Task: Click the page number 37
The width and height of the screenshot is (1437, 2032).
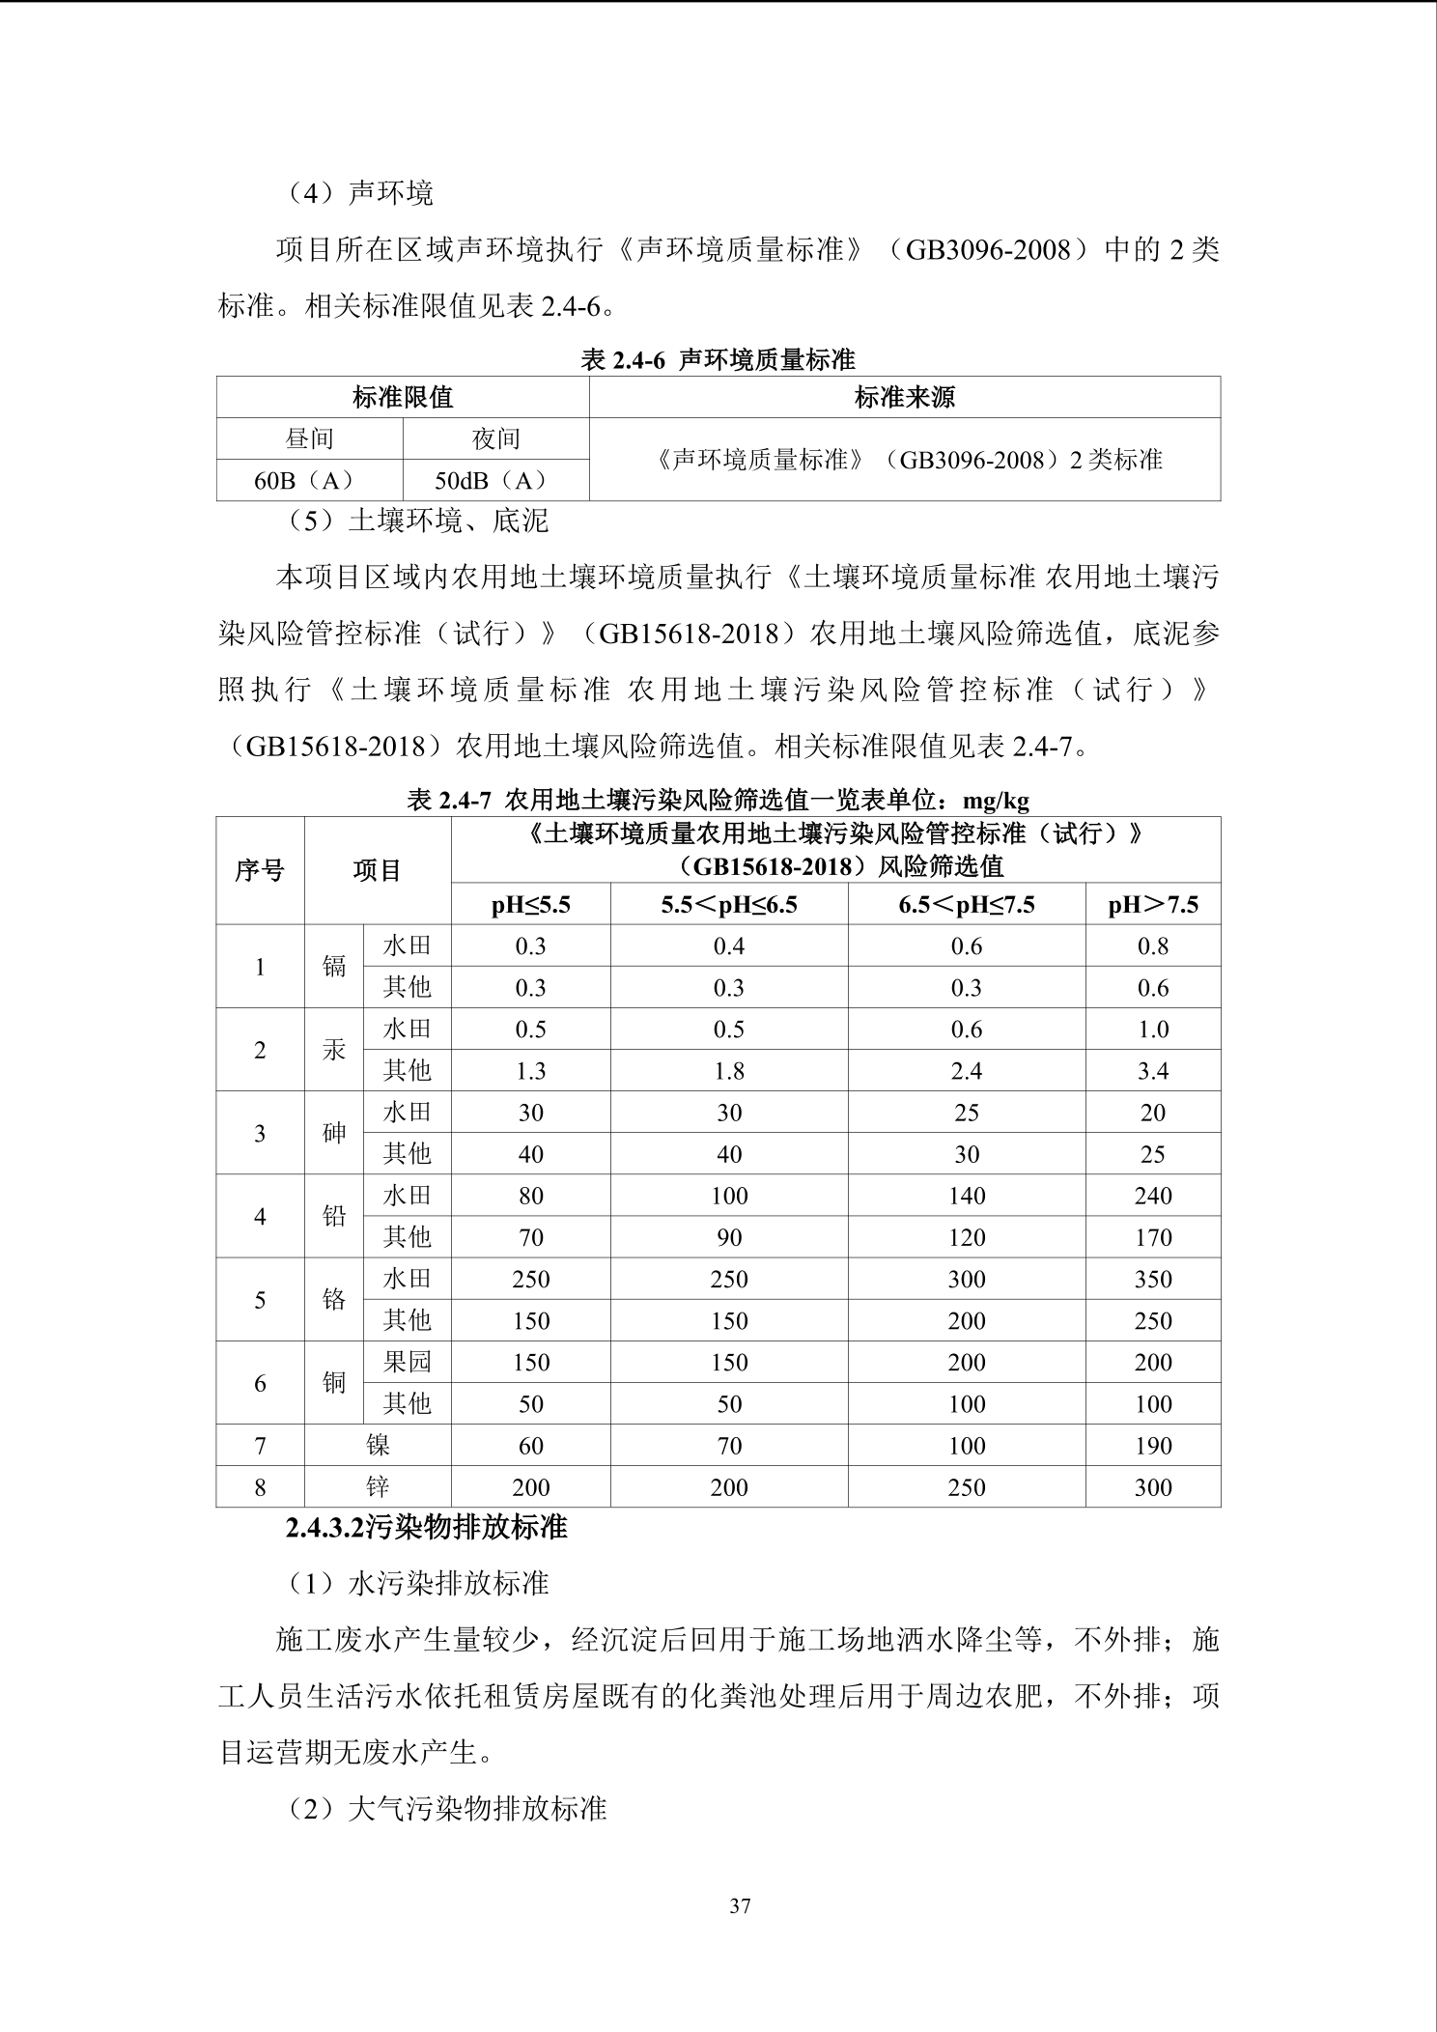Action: [x=741, y=1905]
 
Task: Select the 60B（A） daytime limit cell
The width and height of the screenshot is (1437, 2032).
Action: [x=309, y=480]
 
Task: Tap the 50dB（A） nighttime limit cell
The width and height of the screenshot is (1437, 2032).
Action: [x=495, y=480]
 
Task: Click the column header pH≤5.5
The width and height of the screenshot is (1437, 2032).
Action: [x=530, y=905]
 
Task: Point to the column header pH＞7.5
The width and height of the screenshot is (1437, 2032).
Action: [x=1153, y=905]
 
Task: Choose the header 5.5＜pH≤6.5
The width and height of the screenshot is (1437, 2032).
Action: [x=729, y=905]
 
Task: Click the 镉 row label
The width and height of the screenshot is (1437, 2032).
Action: [x=334, y=967]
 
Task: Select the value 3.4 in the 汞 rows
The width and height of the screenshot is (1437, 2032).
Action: [x=1153, y=1071]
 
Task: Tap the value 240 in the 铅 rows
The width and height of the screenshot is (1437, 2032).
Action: [x=1153, y=1196]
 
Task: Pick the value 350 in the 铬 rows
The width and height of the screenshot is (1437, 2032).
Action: [x=1153, y=1279]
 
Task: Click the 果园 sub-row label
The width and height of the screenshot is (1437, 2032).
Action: [x=407, y=1362]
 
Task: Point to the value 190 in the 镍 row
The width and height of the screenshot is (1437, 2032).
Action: [x=1153, y=1446]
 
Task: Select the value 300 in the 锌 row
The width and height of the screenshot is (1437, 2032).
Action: [x=1153, y=1487]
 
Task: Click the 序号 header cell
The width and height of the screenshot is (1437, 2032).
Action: [x=260, y=870]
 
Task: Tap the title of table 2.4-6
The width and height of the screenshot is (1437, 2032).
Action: [x=718, y=360]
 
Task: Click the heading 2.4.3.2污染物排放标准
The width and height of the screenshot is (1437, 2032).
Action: [x=426, y=1528]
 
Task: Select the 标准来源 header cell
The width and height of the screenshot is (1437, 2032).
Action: [x=904, y=397]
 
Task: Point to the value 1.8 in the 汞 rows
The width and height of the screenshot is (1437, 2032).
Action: [x=729, y=1071]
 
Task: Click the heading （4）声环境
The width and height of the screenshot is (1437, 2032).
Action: [x=360, y=193]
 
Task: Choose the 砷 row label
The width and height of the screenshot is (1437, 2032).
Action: [x=334, y=1133]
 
